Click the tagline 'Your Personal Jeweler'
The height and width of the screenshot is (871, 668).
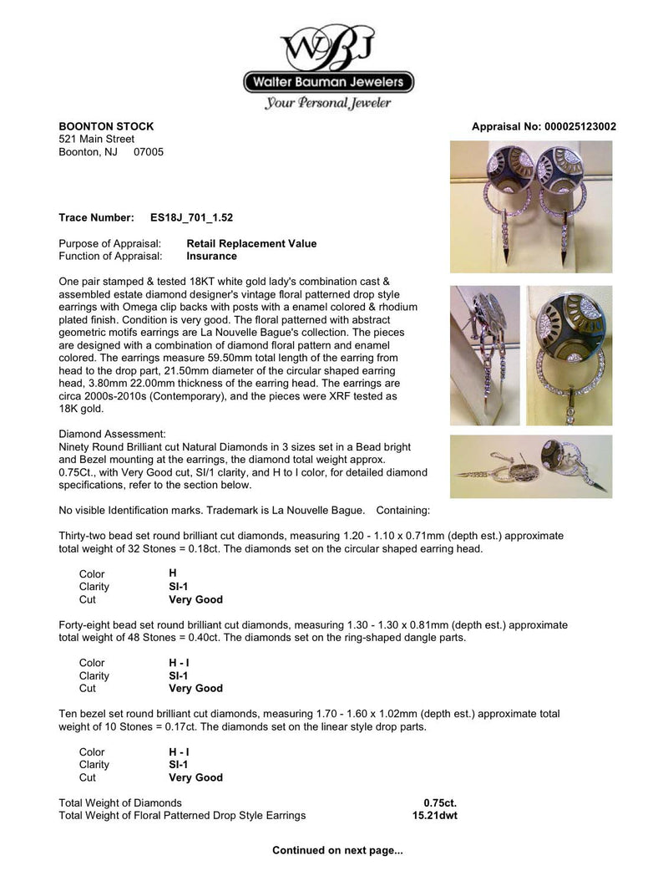coord(328,104)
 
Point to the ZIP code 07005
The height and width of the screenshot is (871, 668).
coord(149,152)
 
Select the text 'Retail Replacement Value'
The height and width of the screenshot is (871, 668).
coord(251,244)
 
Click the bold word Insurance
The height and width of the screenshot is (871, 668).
coord(211,257)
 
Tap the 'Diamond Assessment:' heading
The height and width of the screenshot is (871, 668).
coord(113,435)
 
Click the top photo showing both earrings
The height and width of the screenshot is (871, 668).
coord(531,206)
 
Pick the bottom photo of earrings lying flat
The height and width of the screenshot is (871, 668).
coord(531,466)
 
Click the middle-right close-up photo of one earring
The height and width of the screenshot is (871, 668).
coord(570,355)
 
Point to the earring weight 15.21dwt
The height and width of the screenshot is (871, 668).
coord(434,816)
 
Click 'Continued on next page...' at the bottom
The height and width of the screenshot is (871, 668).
coord(337,851)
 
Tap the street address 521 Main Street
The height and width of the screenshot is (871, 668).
coord(96,140)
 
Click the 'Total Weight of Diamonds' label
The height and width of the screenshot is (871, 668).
coord(120,803)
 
